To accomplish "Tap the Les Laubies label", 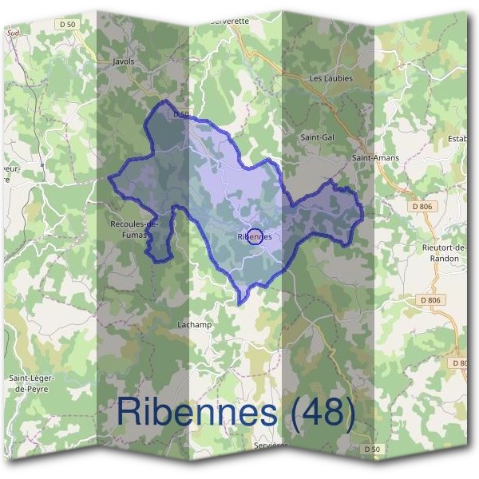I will pyautogui.click(x=330, y=78).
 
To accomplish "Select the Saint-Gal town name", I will pyautogui.click(x=316, y=137).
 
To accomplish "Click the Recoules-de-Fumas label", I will pyautogui.click(x=133, y=229).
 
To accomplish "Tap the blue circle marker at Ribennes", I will pyautogui.click(x=255, y=236).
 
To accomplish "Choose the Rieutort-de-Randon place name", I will pyautogui.click(x=440, y=253).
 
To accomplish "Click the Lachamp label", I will pyautogui.click(x=192, y=324).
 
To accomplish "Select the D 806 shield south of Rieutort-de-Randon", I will pyautogui.click(x=430, y=299).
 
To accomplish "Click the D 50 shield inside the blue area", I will pyautogui.click(x=180, y=114).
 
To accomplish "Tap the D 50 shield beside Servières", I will pyautogui.click(x=370, y=449).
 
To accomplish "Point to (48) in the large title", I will pyautogui.click(x=322, y=413).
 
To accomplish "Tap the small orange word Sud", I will pyautogui.click(x=12, y=34).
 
